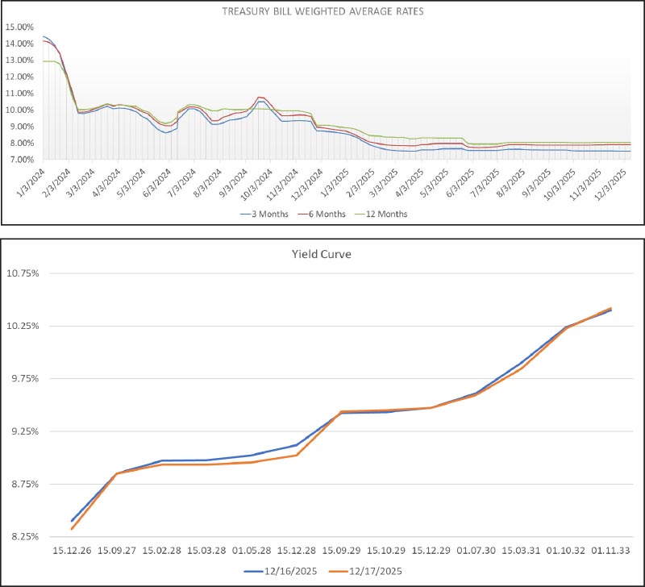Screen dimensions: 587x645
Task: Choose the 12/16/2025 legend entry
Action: click(285, 571)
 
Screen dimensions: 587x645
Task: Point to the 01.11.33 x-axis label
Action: click(610, 552)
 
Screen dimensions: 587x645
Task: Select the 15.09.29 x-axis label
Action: click(341, 552)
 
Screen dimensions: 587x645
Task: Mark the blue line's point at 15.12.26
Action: click(72, 521)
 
